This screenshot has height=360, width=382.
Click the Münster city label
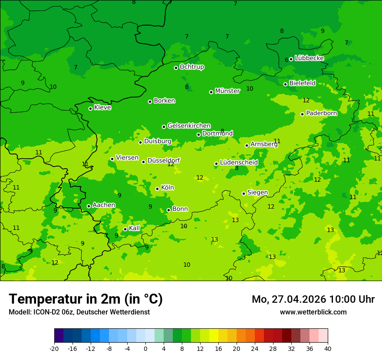(x=227, y=91)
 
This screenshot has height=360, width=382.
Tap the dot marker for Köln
(x=157, y=189)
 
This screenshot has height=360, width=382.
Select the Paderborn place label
(x=321, y=113)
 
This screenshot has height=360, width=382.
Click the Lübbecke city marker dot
(x=291, y=59)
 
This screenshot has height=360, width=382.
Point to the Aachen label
(x=104, y=205)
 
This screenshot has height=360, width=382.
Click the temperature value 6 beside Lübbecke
(x=286, y=60)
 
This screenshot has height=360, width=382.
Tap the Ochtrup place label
(x=191, y=67)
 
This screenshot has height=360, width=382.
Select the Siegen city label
(x=257, y=193)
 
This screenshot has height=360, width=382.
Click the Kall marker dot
(x=125, y=229)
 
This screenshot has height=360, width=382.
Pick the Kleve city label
(x=102, y=108)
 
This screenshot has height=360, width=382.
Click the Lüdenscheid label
(x=239, y=163)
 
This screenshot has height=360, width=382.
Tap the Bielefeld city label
(x=302, y=83)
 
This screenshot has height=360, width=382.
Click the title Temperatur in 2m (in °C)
(x=86, y=299)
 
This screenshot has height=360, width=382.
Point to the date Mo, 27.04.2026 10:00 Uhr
(x=313, y=299)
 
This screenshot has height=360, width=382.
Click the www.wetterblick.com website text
(x=313, y=312)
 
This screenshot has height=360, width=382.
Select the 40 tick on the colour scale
(x=327, y=348)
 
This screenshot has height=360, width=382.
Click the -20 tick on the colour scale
(x=54, y=348)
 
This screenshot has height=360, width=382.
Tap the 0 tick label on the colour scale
(x=145, y=348)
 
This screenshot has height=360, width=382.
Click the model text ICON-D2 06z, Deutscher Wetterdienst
(x=79, y=312)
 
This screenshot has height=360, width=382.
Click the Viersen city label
(x=127, y=158)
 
